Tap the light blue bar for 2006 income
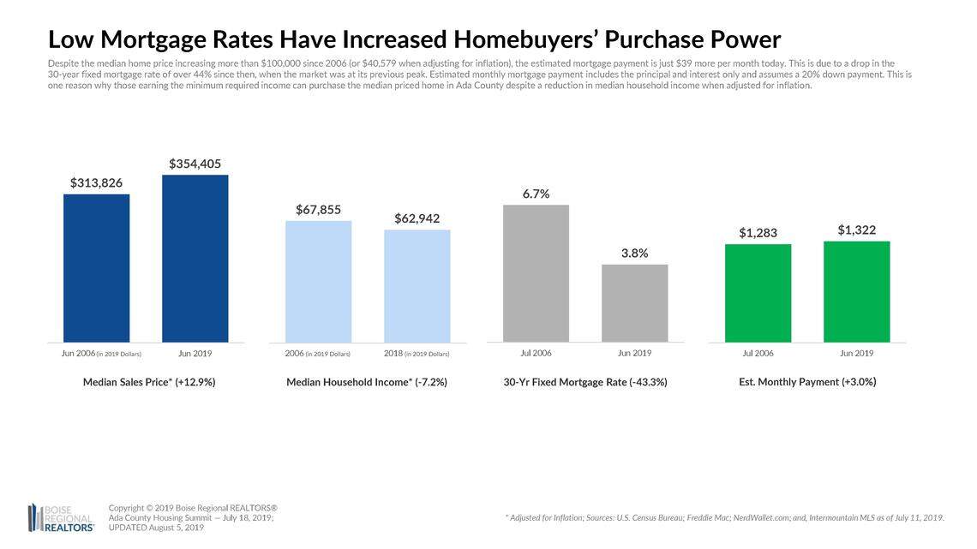318,282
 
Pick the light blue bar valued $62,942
417,286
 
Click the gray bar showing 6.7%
536,273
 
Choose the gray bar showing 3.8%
634,303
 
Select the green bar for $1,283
758,293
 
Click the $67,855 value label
318,209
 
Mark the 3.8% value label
634,253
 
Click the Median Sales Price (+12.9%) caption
149,382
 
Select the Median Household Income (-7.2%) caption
367,382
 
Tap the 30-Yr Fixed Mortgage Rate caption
585,383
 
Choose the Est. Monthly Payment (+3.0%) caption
807,382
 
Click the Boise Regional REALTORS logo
61,517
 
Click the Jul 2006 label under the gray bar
536,353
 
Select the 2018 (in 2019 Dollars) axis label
417,353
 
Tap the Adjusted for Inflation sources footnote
725,517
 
